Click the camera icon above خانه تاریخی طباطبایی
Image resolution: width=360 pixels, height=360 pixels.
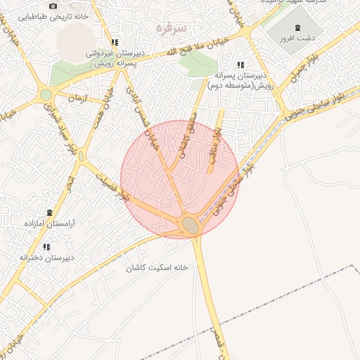point(53,6)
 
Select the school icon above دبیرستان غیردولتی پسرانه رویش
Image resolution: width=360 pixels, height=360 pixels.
point(115,42)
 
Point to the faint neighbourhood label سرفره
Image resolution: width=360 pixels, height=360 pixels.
point(172,29)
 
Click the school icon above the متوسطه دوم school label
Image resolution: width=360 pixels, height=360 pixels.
point(241,65)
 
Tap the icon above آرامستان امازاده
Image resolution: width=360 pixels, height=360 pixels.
point(49,212)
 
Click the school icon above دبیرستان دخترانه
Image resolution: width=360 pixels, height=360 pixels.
point(46,247)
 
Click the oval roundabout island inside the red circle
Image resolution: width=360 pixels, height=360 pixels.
point(189,225)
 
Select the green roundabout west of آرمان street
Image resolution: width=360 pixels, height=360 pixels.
point(46,94)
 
